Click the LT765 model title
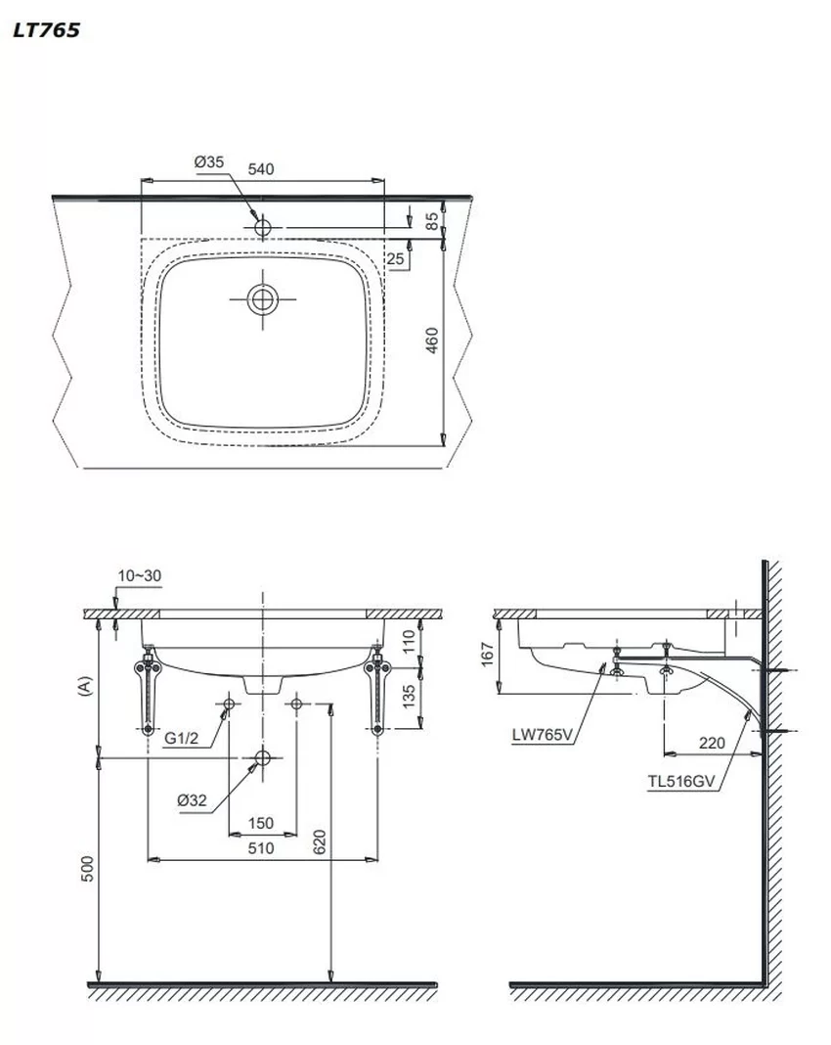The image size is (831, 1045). coord(46,30)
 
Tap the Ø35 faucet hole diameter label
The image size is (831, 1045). coord(208,162)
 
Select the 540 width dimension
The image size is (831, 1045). coord(261,169)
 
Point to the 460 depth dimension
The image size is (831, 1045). coord(432,341)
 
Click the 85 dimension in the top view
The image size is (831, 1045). coord(432,220)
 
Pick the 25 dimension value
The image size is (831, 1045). coord(396,258)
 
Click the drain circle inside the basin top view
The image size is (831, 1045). coord(263,300)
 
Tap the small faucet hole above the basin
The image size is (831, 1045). coord(262,227)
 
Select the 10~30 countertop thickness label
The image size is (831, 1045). coord(139,575)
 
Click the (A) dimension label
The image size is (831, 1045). coord(84,686)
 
